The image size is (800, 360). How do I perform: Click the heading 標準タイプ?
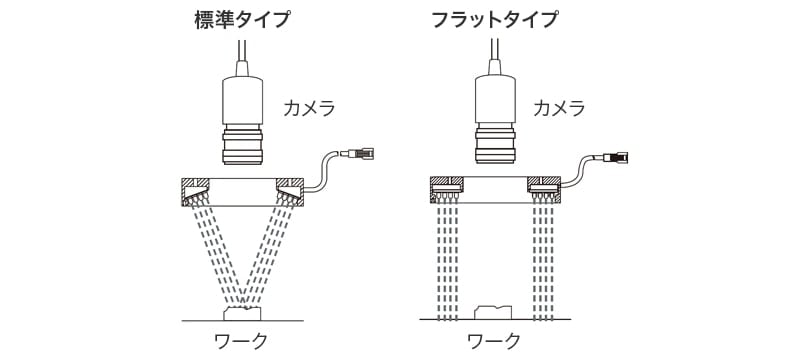coord(242,20)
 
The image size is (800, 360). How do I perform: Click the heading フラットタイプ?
coord(495,20)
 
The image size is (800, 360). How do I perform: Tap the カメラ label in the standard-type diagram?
coord(309,108)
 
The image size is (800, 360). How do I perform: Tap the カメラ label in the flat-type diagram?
coord(559,108)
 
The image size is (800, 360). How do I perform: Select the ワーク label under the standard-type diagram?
coord(241,341)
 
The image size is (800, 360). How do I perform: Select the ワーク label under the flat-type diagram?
coord(494,341)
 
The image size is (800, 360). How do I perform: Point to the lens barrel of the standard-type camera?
coord(243,145)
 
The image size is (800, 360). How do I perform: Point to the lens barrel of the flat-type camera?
coord(495,145)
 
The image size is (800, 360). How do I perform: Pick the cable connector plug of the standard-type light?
coord(360,152)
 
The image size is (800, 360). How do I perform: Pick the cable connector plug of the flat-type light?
coord(615,158)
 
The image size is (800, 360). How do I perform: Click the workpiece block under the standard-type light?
coord(242,313)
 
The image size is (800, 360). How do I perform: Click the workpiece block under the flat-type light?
coord(493,312)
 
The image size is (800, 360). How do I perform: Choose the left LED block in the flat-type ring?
coord(447,193)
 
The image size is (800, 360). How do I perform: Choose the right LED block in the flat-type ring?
coord(543,193)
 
